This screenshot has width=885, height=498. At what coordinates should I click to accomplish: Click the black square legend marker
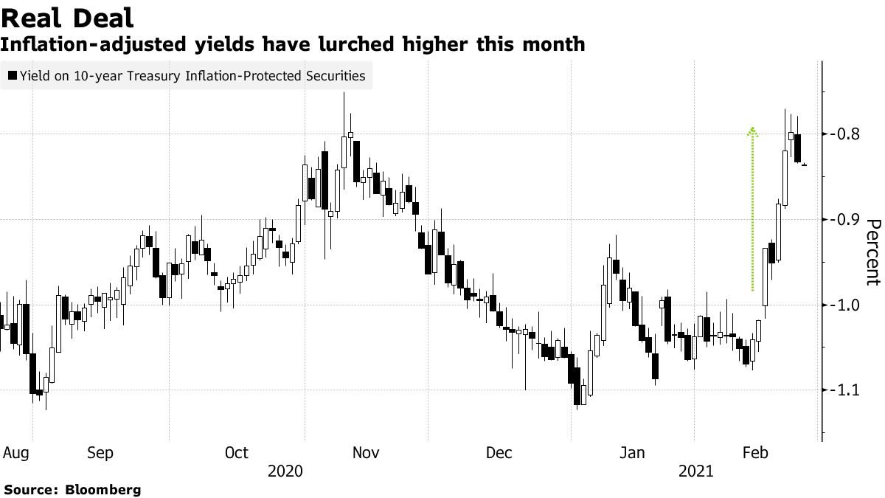[x=12, y=75]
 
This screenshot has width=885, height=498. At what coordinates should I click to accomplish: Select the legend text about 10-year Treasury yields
[x=192, y=75]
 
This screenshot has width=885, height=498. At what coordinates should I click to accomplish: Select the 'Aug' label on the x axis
[x=15, y=452]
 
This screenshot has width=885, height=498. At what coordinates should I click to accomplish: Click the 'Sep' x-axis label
[x=100, y=452]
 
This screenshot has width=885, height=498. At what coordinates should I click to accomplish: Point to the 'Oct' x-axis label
[x=237, y=452]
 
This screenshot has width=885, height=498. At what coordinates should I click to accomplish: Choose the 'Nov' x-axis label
[x=366, y=452]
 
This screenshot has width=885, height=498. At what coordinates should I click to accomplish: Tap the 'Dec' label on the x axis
[x=499, y=452]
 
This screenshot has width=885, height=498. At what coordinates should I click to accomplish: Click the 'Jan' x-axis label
[x=631, y=452]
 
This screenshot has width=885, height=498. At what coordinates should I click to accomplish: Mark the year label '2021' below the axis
[x=695, y=470]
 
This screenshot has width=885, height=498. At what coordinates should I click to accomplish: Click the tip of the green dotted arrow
[x=752, y=129]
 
